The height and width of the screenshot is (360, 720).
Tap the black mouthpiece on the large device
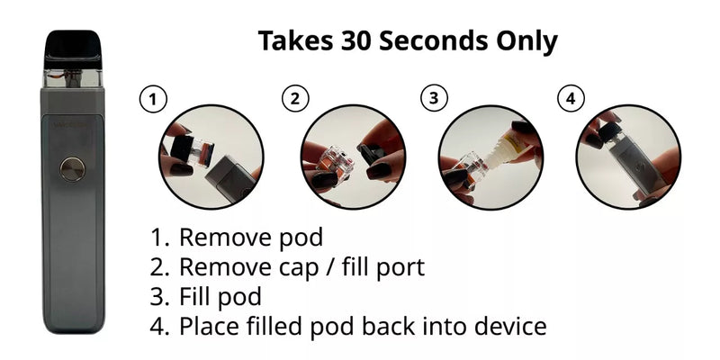pyautogui.click(x=73, y=46)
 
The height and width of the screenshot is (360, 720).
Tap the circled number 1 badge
pyautogui.click(x=154, y=99)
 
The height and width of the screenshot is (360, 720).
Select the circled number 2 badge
pyautogui.click(x=293, y=99)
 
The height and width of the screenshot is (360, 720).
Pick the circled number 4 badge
pyautogui.click(x=570, y=99)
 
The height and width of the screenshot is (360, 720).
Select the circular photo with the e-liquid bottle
pyautogui.click(x=490, y=157)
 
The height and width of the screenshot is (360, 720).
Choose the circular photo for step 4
pyautogui.click(x=627, y=157)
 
